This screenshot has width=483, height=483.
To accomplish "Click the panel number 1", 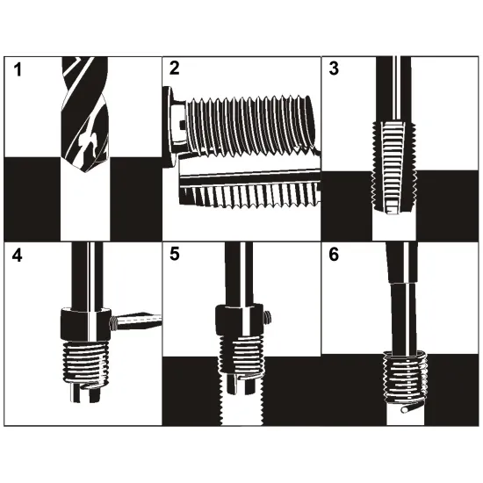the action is [x=18, y=69].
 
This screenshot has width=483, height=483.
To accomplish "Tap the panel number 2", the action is [x=175, y=68].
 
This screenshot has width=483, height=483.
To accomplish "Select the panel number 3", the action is [x=334, y=68].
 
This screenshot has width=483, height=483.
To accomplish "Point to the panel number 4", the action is [x=17, y=256].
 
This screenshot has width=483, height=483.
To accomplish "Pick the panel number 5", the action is [x=175, y=255].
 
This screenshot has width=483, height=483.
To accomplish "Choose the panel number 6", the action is [x=334, y=255].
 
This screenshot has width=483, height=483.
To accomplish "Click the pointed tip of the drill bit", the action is [x=86, y=171].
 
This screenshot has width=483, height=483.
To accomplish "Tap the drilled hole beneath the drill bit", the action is [x=85, y=206].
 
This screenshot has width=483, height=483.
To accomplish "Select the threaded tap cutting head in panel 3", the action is [x=393, y=167].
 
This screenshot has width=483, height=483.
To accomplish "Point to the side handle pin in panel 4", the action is [x=136, y=321].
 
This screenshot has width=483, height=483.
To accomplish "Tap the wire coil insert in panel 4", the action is [x=86, y=363].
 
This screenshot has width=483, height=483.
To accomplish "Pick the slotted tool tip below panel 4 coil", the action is [x=85, y=393].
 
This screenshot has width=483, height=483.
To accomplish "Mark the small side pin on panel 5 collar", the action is [x=267, y=317].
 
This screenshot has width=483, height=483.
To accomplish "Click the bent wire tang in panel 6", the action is [x=413, y=407].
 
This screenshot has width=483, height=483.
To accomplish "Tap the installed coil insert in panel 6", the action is [x=405, y=378].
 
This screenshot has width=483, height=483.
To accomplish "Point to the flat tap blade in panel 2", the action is [x=249, y=190].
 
